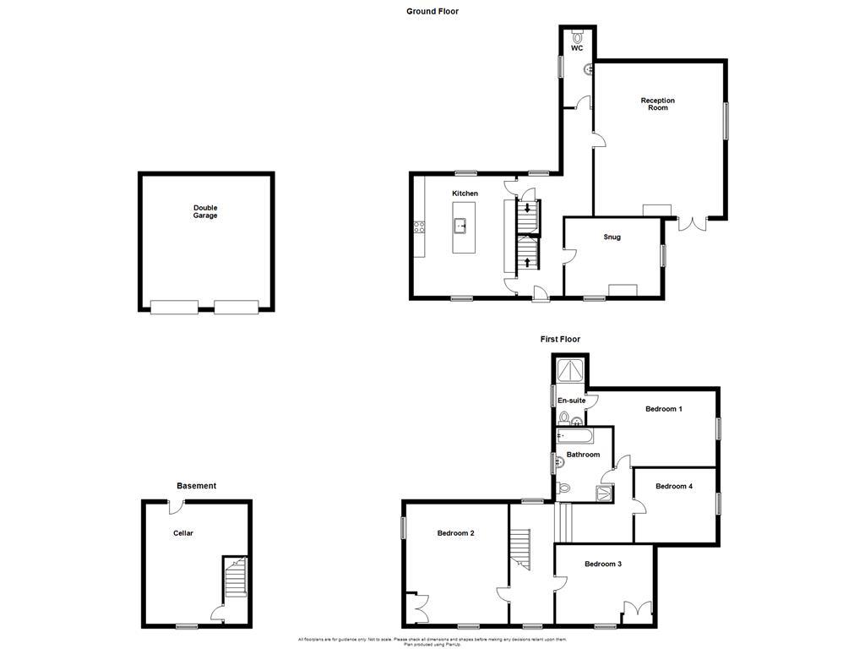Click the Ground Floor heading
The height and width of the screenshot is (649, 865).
tap(432, 11)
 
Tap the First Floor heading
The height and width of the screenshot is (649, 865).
tap(560, 339)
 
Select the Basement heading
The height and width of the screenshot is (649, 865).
tap(196, 486)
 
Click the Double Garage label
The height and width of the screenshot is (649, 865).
tap(205, 211)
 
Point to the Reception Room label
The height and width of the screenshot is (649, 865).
tap(657, 104)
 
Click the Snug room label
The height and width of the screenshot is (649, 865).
tap(612, 237)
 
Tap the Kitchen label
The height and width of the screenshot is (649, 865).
tap(465, 194)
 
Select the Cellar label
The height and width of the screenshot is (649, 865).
tap(183, 533)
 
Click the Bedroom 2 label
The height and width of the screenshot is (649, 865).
tap(455, 533)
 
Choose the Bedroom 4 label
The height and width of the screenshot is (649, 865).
tap(674, 486)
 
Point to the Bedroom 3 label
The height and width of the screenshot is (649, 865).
tap(603, 564)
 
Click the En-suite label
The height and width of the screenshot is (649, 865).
tap(571, 401)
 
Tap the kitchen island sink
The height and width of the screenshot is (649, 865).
tap(460, 226)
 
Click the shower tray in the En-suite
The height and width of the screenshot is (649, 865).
tap(572, 369)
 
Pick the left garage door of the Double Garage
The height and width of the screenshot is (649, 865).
tap(174, 308)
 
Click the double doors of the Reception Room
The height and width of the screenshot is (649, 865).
tap(693, 224)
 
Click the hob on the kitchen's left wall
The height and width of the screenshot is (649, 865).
tap(417, 226)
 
